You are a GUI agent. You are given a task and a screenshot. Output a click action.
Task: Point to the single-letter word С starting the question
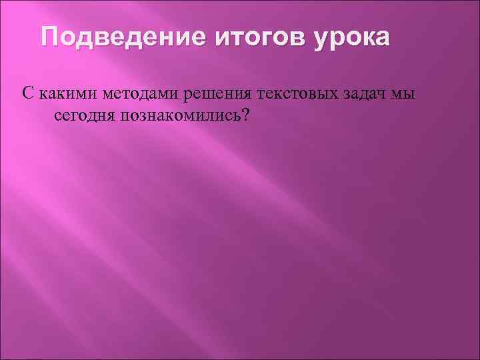tap(27, 93)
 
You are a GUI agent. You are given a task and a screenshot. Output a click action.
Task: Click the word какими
tap(63, 93)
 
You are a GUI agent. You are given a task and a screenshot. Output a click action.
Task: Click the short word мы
tap(403, 93)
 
